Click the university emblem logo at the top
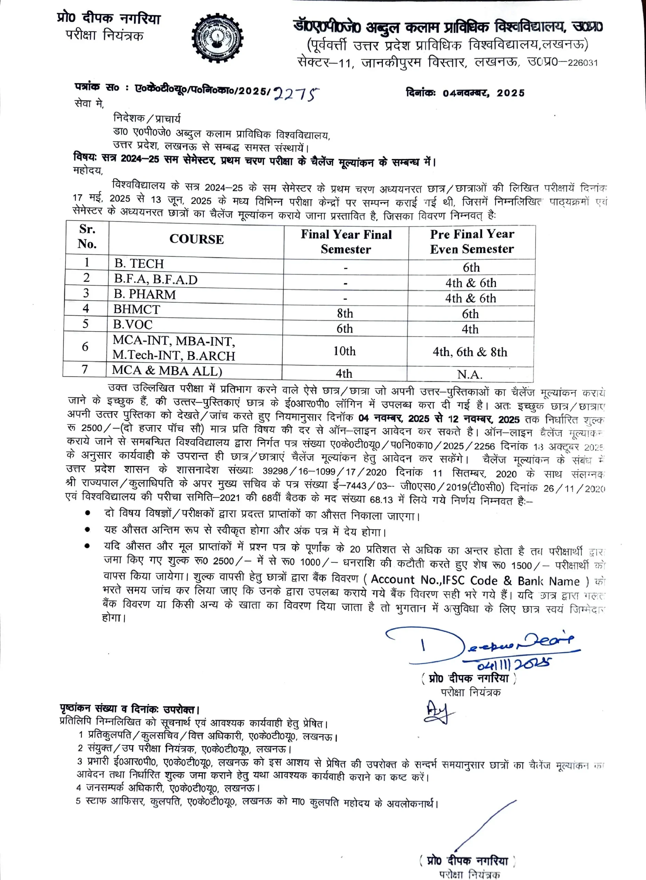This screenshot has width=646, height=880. click(217, 39)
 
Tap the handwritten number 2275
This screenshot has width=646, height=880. click(296, 94)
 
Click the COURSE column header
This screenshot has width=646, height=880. click(196, 239)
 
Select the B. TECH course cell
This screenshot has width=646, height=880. click(139, 264)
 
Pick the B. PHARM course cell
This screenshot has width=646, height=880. click(145, 294)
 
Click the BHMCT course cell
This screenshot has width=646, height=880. click(137, 309)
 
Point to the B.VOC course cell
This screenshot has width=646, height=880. click(133, 324)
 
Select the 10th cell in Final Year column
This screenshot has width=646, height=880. click(345, 351)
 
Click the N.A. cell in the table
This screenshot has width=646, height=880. click(470, 375)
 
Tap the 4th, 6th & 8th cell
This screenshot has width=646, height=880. click(470, 352)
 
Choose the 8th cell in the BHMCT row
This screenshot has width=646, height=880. click(345, 313)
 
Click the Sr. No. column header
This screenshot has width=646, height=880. click(87, 236)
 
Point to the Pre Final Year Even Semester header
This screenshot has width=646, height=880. click(472, 241)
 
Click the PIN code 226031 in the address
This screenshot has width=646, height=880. click(583, 63)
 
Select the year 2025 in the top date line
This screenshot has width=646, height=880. click(511, 93)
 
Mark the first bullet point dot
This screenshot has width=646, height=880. click(88, 513)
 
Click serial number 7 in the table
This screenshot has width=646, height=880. click(85, 369)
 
